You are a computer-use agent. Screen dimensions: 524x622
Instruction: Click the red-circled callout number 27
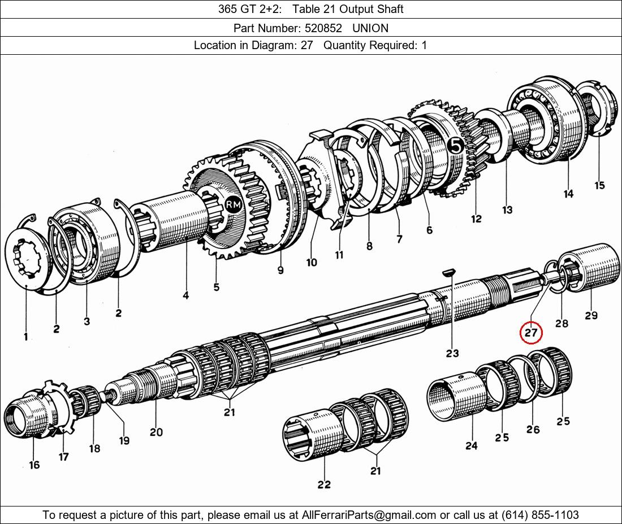pyautogui.click(x=531, y=333)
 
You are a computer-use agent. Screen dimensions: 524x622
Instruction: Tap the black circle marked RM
pyautogui.click(x=233, y=205)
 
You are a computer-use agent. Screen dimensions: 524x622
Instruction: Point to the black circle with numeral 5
pyautogui.click(x=456, y=146)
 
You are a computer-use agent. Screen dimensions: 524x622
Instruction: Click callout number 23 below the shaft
pyautogui.click(x=452, y=353)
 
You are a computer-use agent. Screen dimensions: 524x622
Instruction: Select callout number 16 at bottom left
pyautogui.click(x=34, y=465)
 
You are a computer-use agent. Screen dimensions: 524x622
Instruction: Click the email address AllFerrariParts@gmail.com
pyautogui.click(x=369, y=515)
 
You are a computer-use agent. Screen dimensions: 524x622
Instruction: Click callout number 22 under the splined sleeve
pyautogui.click(x=324, y=484)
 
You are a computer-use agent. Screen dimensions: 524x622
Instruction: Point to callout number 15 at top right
pyautogui.click(x=599, y=185)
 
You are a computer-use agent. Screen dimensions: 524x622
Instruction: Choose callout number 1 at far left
pyautogui.click(x=25, y=337)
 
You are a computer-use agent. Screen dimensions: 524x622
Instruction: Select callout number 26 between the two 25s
pyautogui.click(x=533, y=429)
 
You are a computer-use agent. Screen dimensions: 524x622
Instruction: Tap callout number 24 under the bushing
pyautogui.click(x=471, y=446)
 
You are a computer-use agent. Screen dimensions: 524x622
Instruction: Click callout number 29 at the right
pyautogui.click(x=591, y=315)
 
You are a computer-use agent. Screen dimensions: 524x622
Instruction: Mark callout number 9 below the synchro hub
pyautogui.click(x=280, y=270)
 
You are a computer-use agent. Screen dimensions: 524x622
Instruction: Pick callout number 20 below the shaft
pyautogui.click(x=156, y=432)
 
